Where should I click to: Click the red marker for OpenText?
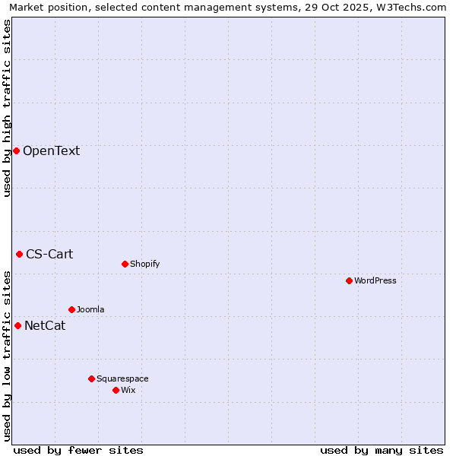[16, 150]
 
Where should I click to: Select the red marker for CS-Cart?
[19, 254]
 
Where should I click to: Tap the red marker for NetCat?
[17, 325]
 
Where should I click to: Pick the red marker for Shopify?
[125, 264]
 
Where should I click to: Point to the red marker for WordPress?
[349, 280]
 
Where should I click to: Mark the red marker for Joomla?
[71, 309]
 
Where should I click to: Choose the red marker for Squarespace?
[91, 378]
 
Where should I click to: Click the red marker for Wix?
[116, 390]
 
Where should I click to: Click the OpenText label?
[51, 150]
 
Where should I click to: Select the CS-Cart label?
[49, 254]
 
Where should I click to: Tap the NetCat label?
[45, 326]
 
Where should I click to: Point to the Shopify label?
[144, 264]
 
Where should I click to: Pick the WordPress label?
[375, 280]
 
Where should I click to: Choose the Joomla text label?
[90, 309]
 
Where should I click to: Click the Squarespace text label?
[122, 378]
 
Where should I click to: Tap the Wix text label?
[128, 390]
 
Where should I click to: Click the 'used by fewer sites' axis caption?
[78, 450]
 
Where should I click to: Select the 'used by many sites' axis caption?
[382, 450]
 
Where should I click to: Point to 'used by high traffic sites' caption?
[7, 107]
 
